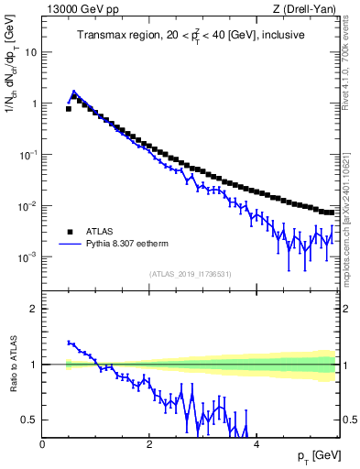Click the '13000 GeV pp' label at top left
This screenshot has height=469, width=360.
pos(81,9)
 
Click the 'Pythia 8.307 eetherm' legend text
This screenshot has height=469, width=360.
pos(128,245)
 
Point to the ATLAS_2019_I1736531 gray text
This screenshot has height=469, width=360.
pos(190,274)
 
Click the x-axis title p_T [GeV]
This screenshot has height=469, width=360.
pos(314,455)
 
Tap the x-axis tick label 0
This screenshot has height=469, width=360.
pos(43,444)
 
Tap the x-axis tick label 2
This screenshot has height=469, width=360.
pos(148,444)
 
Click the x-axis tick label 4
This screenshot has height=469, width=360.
pos(256,444)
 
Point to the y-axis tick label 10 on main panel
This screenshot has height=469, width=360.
pos(30,52)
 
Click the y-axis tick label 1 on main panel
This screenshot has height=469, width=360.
pos(35,104)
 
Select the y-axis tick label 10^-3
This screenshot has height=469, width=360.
pos(28,257)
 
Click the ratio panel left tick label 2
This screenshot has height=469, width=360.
pos(34,309)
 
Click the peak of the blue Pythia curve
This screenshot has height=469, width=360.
pos(74,92)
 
